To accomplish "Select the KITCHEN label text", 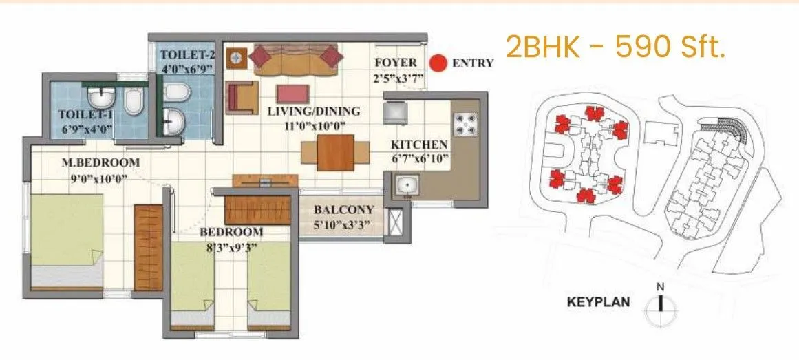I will coord(419,145).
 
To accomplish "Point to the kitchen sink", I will coord(407,185).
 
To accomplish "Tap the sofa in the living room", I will coord(296,60).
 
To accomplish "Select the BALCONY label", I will coord(343,210).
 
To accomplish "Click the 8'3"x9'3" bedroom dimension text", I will coord(232,248).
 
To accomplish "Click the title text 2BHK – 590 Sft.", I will coord(615,48).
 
